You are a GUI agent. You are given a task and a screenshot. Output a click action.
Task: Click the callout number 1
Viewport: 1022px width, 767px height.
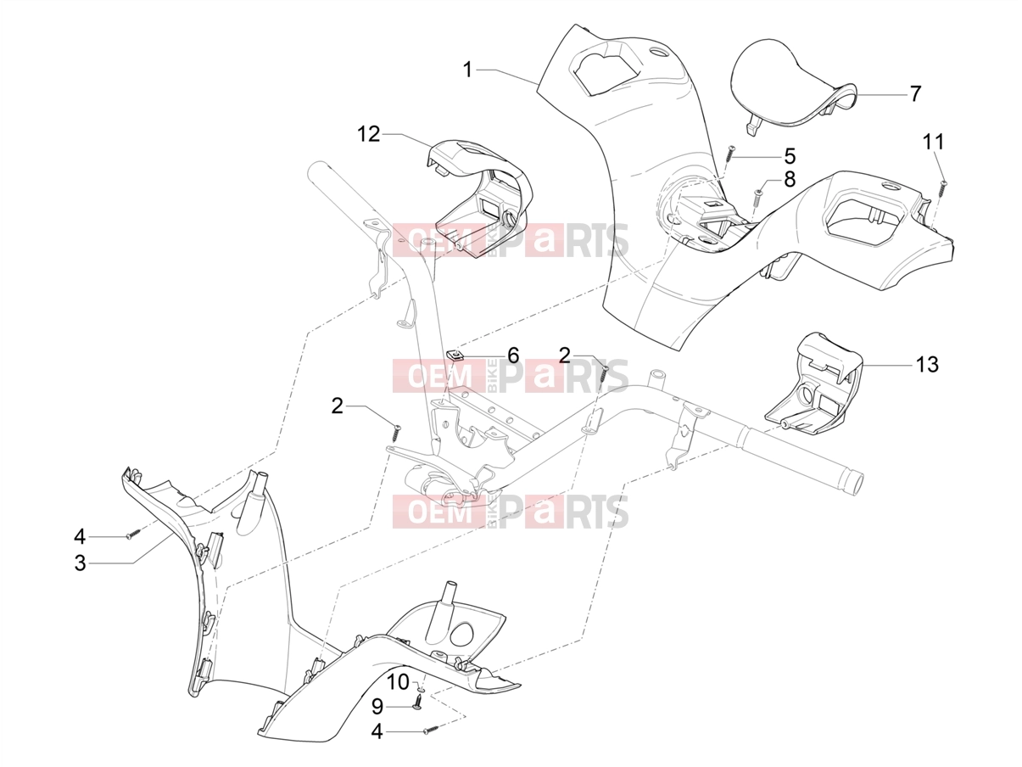coord(467,70)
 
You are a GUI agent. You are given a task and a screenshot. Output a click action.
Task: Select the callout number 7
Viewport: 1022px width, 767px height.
coord(915,94)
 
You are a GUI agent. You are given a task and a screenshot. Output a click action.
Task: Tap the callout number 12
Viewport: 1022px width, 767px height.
coord(368,135)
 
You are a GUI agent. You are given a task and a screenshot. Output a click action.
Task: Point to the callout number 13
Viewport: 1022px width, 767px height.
coord(927,364)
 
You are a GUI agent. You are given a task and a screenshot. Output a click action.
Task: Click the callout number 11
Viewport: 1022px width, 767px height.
coord(934,142)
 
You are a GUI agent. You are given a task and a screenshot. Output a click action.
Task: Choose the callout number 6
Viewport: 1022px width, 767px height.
coord(512,356)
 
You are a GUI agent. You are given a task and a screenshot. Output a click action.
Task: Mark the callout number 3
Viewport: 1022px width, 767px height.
coord(80,563)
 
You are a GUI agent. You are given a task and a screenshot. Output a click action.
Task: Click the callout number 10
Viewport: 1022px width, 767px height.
coord(398,682)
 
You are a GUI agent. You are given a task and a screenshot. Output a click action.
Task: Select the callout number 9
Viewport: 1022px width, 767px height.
coord(377,707)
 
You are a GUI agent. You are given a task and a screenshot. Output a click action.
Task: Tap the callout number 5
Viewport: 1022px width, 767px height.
coord(790,156)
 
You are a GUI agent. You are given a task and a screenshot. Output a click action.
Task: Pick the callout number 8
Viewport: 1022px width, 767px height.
coord(790,179)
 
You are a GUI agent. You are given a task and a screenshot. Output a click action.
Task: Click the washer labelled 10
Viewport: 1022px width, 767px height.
coord(421,687)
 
